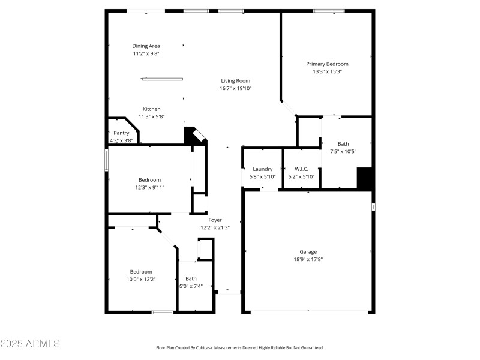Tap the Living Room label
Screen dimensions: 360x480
235,80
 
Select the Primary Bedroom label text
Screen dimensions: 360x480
327,64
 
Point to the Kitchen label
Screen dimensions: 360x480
151,109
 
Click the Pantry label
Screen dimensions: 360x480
121,133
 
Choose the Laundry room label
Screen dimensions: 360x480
262,169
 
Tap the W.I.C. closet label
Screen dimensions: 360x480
301,169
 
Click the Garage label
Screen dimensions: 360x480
308,251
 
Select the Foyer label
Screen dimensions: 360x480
215,220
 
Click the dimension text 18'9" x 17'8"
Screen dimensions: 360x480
308,259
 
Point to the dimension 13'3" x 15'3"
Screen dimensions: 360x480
327,71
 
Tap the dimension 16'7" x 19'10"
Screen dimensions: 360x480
235,88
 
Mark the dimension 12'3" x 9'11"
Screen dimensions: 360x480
149,187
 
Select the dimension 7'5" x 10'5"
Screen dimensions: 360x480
343,151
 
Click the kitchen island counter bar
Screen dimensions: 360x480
163,79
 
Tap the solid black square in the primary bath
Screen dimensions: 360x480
365,178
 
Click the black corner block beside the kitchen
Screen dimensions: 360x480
193,136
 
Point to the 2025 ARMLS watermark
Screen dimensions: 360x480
30,344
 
